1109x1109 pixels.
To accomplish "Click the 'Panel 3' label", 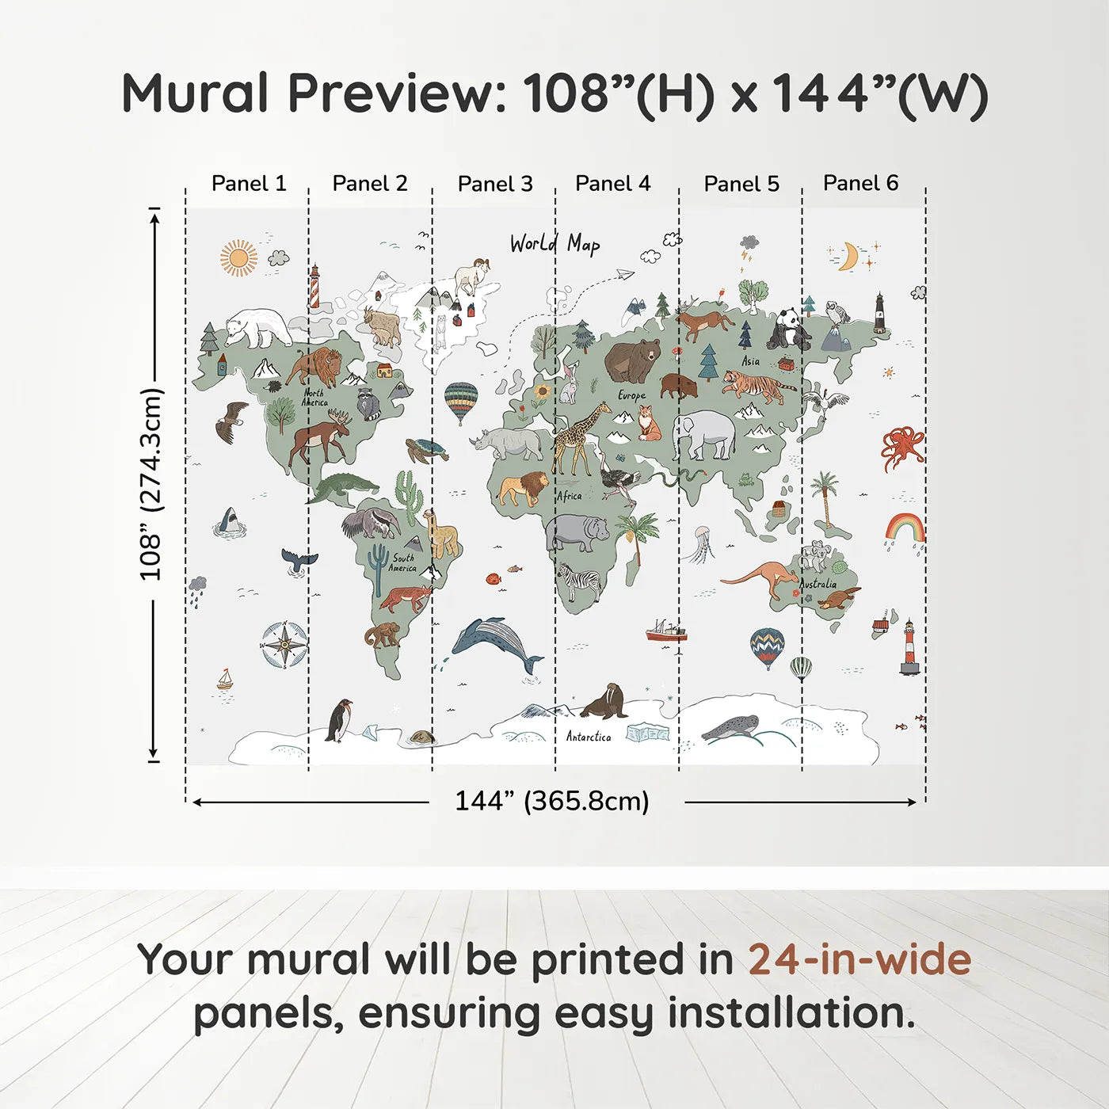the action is click(495, 184).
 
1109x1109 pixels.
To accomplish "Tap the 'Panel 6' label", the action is click(860, 182).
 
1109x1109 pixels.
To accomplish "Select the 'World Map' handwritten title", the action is click(554, 244).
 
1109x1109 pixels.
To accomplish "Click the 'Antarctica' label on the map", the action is click(589, 737).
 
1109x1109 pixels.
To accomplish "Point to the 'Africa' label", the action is click(570, 496).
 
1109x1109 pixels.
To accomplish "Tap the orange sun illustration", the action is click(238, 257).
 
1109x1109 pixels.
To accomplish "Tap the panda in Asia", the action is click(787, 330).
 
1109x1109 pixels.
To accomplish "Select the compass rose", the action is click(284, 645).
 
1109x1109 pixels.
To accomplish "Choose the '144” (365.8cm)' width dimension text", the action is click(552, 801).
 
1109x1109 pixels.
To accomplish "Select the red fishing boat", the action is click(666, 631).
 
